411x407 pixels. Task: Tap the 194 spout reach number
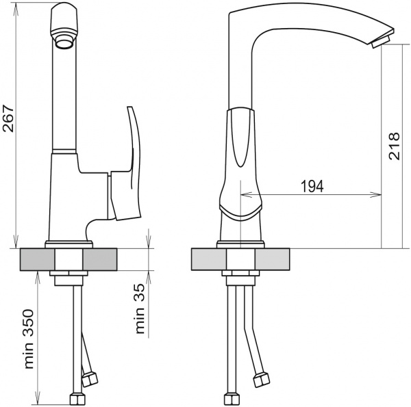pyautogui.click(x=312, y=186)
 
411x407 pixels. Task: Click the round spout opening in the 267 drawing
pyautogui.click(x=64, y=44)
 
